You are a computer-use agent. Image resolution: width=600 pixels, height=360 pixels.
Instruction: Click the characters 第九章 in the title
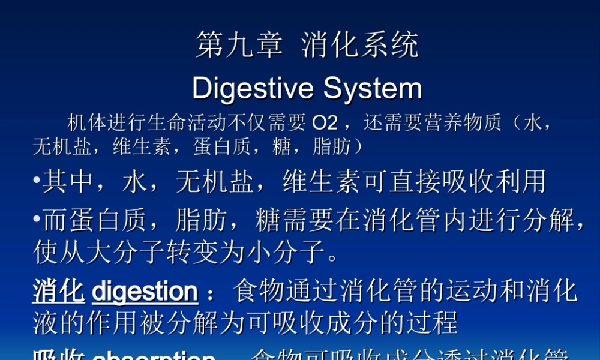(239, 46)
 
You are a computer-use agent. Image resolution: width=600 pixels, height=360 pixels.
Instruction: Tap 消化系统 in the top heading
(360, 46)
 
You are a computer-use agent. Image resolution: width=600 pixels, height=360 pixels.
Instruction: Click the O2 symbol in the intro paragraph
(325, 123)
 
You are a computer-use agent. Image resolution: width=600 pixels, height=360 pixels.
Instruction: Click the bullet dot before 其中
(37, 180)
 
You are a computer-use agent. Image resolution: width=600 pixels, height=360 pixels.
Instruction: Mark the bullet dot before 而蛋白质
(37, 220)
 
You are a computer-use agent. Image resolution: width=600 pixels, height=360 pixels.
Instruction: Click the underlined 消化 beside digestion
(58, 292)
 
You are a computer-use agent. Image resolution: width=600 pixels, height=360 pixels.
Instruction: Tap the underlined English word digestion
(145, 292)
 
